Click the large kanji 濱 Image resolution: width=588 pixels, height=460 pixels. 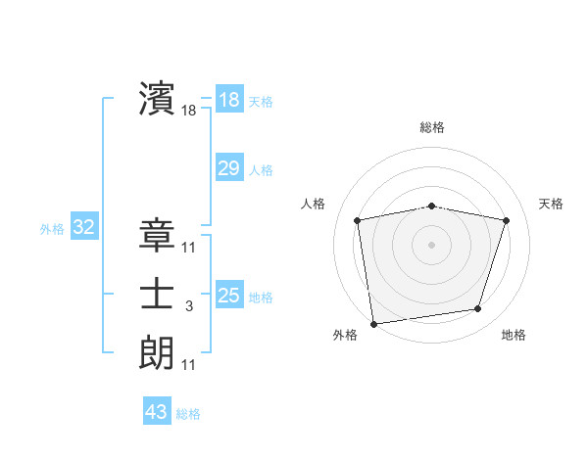[x=157, y=98]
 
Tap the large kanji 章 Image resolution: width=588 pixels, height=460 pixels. [x=157, y=235]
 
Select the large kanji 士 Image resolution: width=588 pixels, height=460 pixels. [x=157, y=294]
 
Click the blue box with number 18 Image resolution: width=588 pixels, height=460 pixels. [x=228, y=100]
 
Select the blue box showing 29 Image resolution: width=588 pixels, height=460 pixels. [x=228, y=168]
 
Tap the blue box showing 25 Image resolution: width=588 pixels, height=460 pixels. [x=228, y=296]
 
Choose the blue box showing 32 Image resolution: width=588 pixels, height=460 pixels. [x=83, y=228]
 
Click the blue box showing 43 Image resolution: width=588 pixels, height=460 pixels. [x=156, y=412]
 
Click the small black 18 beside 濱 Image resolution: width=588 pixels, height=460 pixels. [x=188, y=112]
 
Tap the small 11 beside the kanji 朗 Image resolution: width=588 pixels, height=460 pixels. [x=188, y=365]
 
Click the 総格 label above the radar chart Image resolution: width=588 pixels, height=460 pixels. [x=431, y=127]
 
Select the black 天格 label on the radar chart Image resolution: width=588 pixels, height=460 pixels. [x=551, y=204]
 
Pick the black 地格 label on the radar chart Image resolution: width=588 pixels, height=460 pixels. [x=514, y=335]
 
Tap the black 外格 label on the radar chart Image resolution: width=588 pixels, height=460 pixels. [x=345, y=335]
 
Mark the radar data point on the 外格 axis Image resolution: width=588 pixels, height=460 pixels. [x=373, y=323]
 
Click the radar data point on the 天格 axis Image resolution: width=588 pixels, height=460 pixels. [x=506, y=220]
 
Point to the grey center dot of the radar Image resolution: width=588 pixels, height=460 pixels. [x=431, y=244]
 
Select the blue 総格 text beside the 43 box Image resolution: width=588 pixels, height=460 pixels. [x=188, y=414]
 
